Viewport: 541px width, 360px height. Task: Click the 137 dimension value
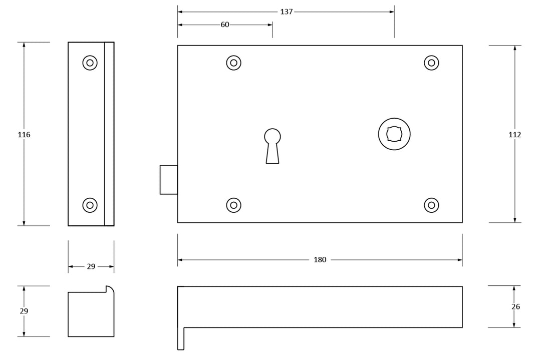(286, 12)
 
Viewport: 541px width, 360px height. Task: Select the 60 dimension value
(225, 25)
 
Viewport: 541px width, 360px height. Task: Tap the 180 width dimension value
(320, 260)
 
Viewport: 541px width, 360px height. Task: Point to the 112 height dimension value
(514, 135)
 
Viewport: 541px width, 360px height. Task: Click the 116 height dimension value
(24, 135)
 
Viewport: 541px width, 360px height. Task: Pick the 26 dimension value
(516, 307)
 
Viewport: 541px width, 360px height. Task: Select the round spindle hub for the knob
(394, 134)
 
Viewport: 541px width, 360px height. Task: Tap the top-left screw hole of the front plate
(233, 63)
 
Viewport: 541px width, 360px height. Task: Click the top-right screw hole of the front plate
(431, 63)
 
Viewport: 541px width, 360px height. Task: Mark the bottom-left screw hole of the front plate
(233, 205)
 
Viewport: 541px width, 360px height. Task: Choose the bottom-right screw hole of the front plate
(431, 205)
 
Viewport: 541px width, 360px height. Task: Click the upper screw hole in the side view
(90, 63)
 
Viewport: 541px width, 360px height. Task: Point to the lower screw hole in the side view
(90, 205)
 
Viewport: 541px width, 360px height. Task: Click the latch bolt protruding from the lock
(168, 179)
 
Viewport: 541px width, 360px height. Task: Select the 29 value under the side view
(91, 267)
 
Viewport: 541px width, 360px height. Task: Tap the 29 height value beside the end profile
(24, 311)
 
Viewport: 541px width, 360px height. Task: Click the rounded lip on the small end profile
(110, 289)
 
